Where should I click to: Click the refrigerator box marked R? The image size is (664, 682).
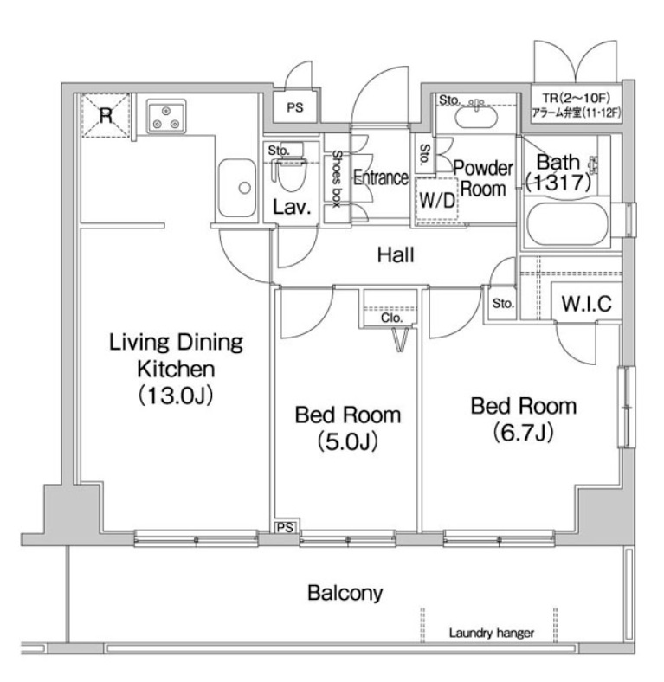(106, 115)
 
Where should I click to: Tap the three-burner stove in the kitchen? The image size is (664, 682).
(166, 116)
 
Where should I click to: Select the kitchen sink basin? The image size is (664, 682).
(237, 188)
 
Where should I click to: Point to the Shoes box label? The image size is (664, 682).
(338, 179)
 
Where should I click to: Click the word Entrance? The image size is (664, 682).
(381, 177)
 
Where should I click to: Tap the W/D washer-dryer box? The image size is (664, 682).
(437, 200)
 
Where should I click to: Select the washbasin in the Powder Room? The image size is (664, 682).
(475, 116)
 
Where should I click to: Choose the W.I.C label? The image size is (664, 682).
(587, 304)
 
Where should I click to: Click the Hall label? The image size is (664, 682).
(396, 254)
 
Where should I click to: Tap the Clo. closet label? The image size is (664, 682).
(391, 318)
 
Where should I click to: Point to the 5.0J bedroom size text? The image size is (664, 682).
(348, 441)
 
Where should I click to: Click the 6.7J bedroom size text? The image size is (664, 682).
(524, 433)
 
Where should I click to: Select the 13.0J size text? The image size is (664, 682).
(176, 396)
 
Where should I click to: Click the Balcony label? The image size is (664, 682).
(345, 593)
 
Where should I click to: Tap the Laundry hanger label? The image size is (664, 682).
(492, 634)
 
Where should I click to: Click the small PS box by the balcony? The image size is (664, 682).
(285, 527)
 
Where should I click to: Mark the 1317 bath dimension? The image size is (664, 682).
(558, 183)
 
